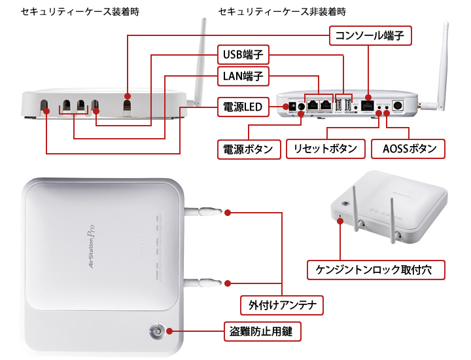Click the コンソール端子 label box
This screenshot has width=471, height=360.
370,35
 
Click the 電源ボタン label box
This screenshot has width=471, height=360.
247,149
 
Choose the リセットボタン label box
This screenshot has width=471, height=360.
325,149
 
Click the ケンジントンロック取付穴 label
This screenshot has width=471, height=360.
377,268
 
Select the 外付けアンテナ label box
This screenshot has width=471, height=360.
282,305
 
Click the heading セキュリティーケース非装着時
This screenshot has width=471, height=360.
282,12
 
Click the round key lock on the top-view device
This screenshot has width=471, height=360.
156,332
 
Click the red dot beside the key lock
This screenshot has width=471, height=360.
169,332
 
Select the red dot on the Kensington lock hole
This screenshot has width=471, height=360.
340,221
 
